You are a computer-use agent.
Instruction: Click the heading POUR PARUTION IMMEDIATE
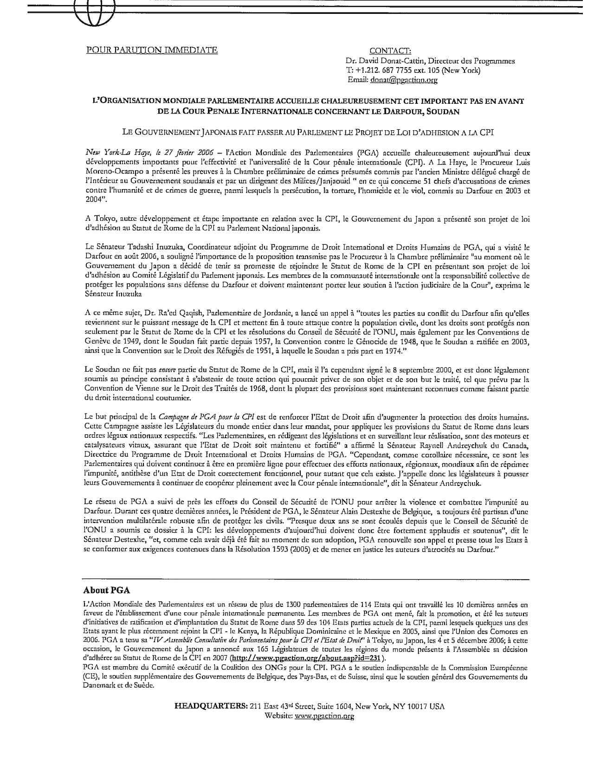tap(152, 50)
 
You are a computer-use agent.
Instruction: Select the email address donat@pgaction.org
tap(404, 80)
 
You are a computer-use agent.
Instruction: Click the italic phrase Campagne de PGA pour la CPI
tap(207, 416)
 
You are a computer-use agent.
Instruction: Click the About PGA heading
tap(106, 590)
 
